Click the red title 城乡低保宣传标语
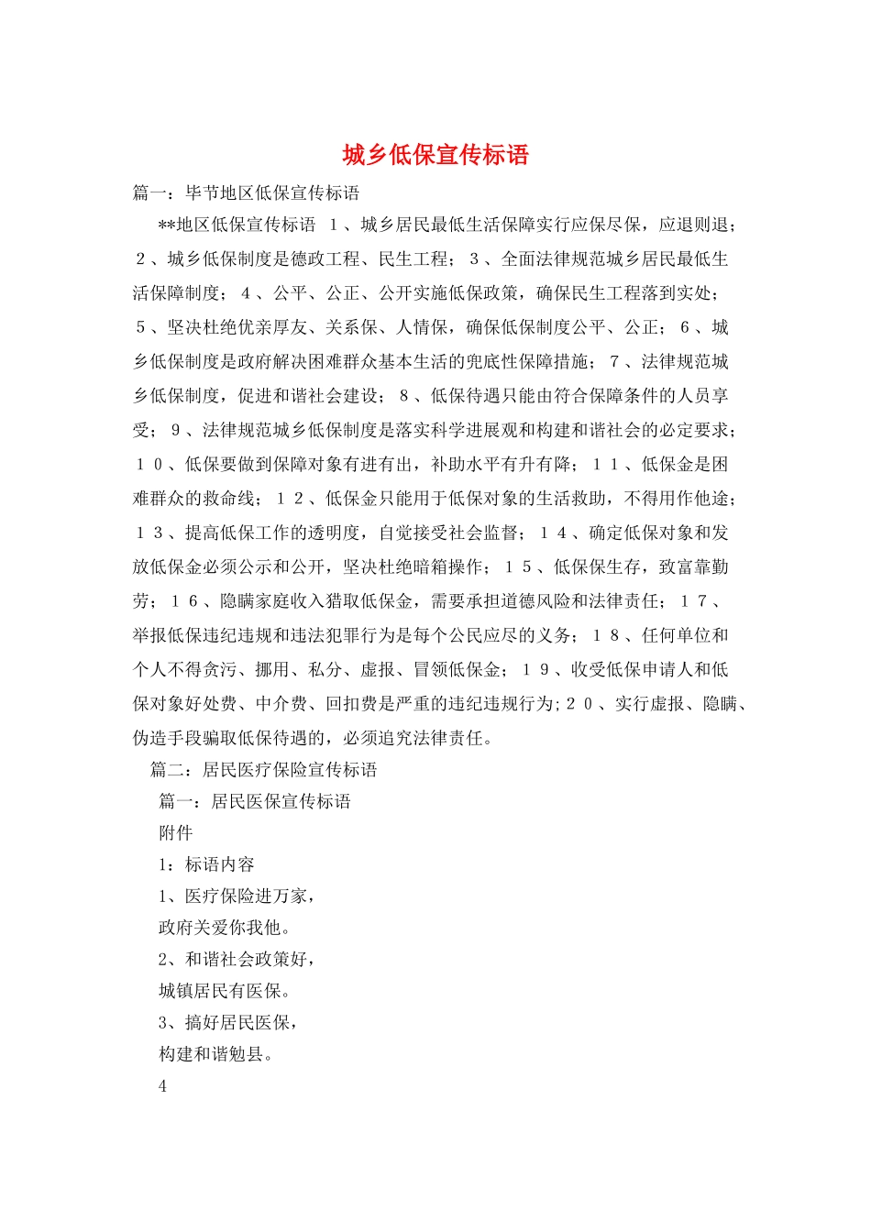pyautogui.click(x=435, y=155)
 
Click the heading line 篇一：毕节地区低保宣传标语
pyautogui.click(x=246, y=193)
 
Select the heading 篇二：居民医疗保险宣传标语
pyautogui.click(x=263, y=770)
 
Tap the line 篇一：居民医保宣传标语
pyautogui.click(x=255, y=802)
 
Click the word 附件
pyautogui.click(x=176, y=833)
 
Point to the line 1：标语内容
pyautogui.click(x=206, y=864)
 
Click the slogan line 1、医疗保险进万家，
pyautogui.click(x=237, y=896)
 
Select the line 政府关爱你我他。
pyautogui.click(x=225, y=928)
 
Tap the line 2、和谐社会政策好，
pyautogui.click(x=237, y=960)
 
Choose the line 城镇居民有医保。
pyautogui.click(x=225, y=991)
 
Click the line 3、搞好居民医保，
pyautogui.click(x=228, y=1023)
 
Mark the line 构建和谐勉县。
pyautogui.click(x=215, y=1054)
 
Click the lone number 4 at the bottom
pyautogui.click(x=163, y=1087)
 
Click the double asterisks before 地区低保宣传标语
pyautogui.click(x=167, y=225)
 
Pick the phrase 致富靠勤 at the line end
pyautogui.click(x=693, y=567)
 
